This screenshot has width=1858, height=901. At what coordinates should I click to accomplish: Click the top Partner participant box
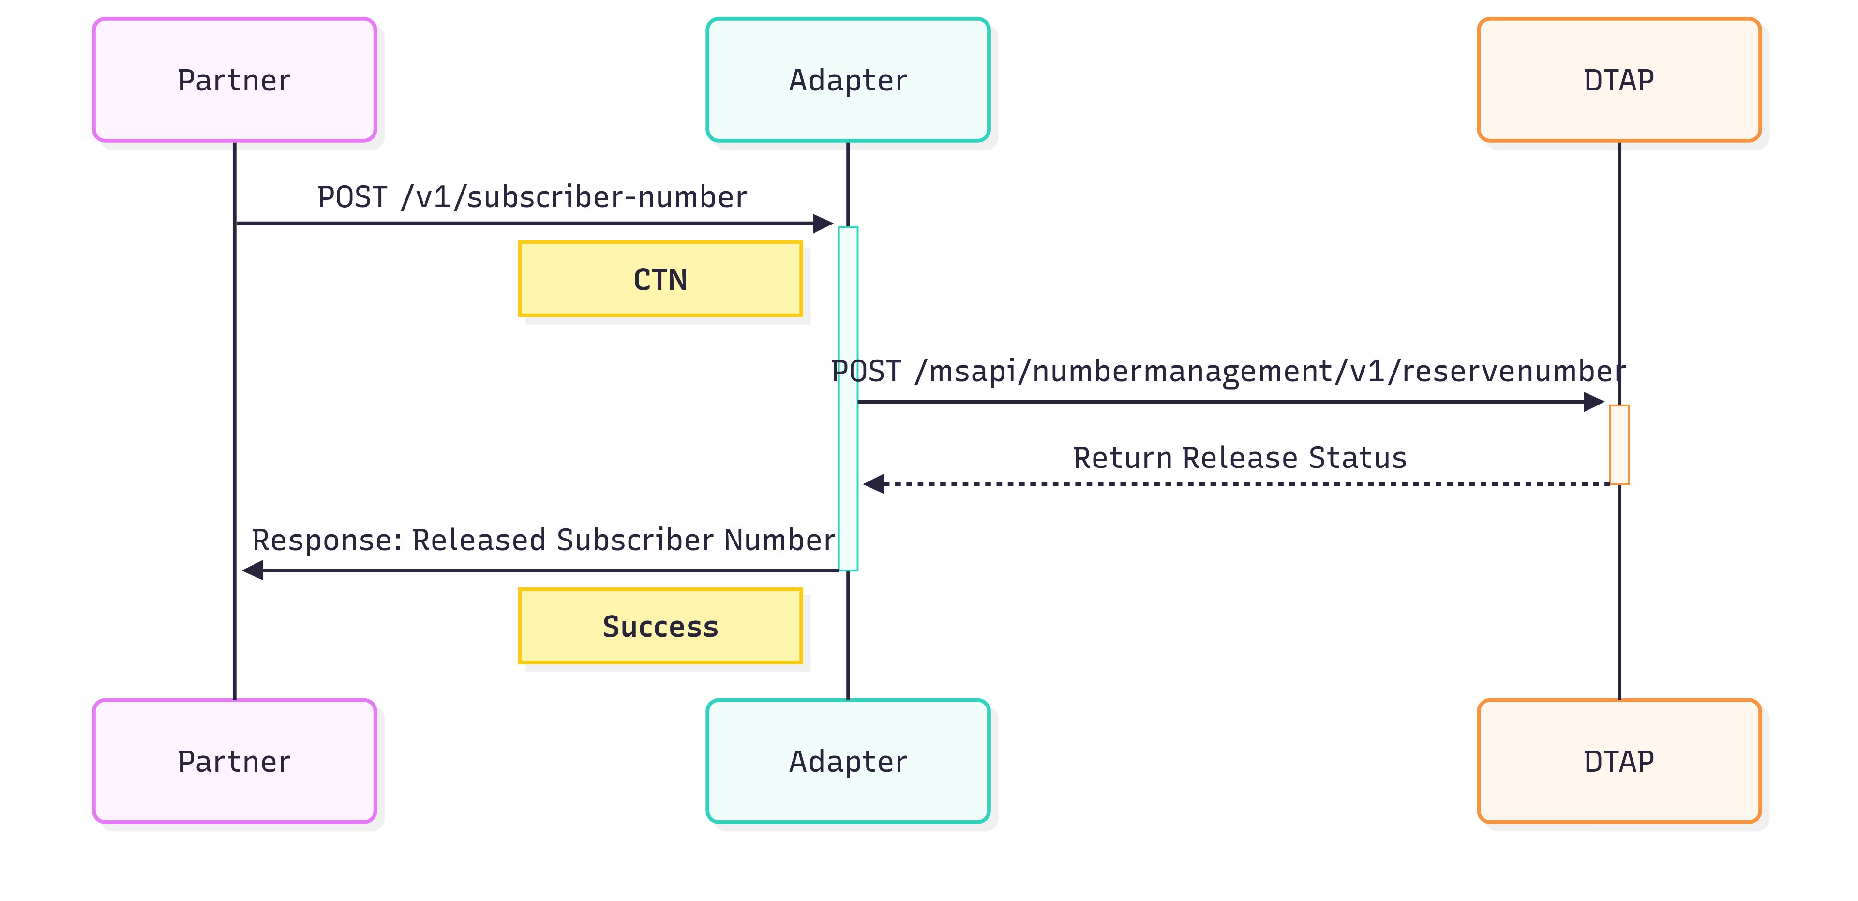[234, 80]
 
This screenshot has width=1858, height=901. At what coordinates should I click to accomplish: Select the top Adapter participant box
[848, 80]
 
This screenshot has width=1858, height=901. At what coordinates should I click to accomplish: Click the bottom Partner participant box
[234, 761]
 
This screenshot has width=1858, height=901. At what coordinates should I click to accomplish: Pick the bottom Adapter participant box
[848, 761]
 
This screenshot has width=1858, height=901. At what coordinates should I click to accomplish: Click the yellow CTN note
[660, 279]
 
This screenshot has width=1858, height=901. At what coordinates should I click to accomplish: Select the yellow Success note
[660, 626]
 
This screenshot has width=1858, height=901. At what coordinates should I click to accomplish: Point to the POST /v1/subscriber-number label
[532, 197]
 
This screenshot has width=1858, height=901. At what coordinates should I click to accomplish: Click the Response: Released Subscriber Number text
[543, 541]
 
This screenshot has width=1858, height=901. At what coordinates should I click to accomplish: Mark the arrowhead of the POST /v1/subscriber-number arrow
[824, 224]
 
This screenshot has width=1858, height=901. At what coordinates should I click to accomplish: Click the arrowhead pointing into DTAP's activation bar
[1595, 402]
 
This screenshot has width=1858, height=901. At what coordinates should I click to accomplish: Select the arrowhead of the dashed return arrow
[873, 484]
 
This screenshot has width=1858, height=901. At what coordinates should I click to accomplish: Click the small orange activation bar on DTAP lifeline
[1619, 444]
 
